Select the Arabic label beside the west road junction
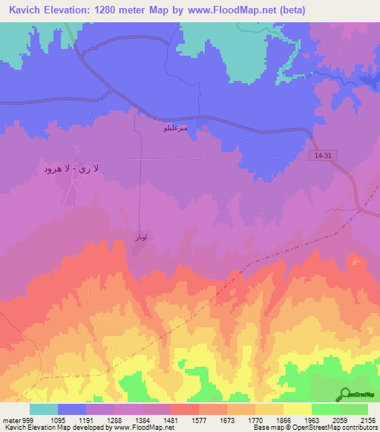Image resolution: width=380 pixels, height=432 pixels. (71, 169)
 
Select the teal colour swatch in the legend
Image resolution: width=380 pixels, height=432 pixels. (43, 409)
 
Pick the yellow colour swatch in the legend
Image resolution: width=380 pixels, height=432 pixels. (297, 409)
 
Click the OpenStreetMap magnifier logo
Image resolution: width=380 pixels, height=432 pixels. (345, 394)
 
